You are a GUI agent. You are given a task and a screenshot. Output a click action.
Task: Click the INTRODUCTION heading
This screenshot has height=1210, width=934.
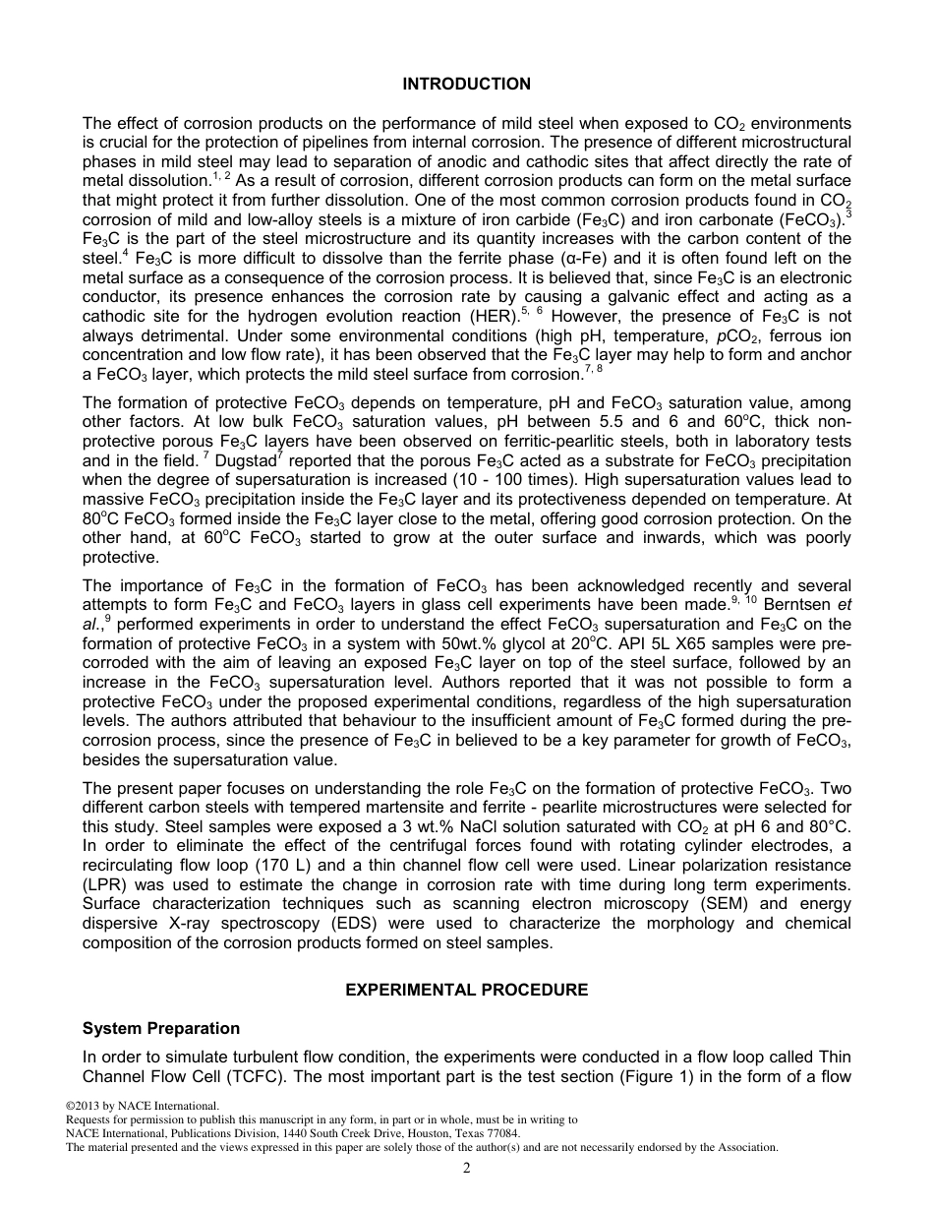[466, 85]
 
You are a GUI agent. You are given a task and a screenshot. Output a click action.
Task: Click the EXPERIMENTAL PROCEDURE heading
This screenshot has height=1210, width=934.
[466, 991]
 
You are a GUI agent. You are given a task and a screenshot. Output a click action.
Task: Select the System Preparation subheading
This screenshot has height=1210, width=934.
[161, 1029]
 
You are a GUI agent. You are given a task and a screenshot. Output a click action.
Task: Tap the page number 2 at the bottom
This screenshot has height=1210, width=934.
[467, 1169]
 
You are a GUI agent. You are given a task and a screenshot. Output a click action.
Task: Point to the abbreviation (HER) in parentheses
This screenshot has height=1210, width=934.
[487, 317]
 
